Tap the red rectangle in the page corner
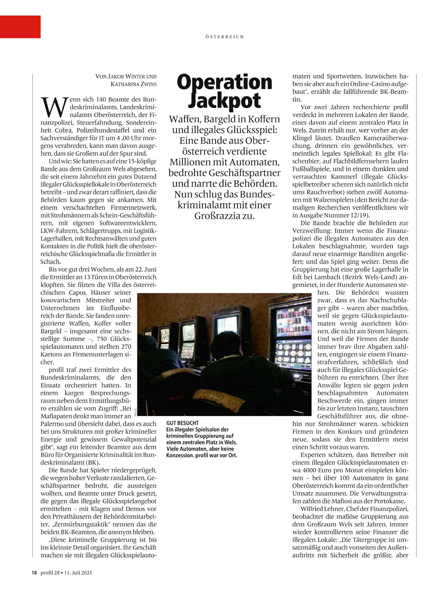(x=20, y=27)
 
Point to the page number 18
(x=34, y=573)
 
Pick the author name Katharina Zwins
(x=134, y=84)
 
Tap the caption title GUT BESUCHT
(x=183, y=423)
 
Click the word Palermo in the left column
(x=51, y=424)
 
